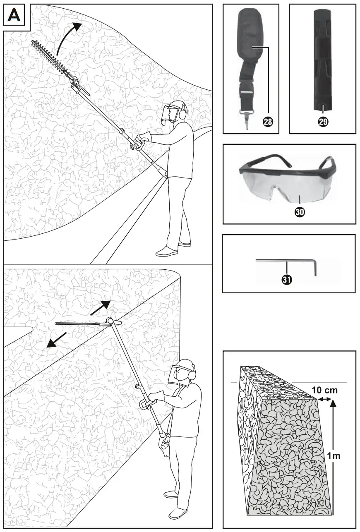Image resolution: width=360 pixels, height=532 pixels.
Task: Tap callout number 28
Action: coord(269,122)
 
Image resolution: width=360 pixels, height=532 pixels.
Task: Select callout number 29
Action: coord(322,122)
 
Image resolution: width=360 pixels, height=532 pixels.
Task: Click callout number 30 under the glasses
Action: coord(300,211)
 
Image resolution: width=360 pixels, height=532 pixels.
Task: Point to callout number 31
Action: coord(286,280)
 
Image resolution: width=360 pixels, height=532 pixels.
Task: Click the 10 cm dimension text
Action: coord(324,390)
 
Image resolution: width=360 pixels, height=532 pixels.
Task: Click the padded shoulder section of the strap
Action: coord(249,37)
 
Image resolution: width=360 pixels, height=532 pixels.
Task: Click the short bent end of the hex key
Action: coord(315,267)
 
